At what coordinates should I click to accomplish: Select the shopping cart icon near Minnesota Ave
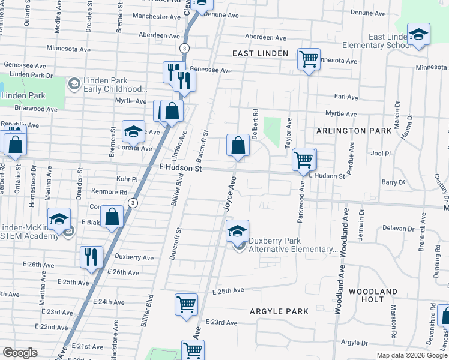click(x=309, y=59)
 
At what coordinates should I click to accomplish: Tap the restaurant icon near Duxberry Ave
click(x=91, y=257)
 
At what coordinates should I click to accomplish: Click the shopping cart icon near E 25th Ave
click(x=187, y=304)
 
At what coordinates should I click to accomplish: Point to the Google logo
click(x=20, y=353)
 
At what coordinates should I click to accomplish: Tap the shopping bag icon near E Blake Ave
click(x=112, y=217)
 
